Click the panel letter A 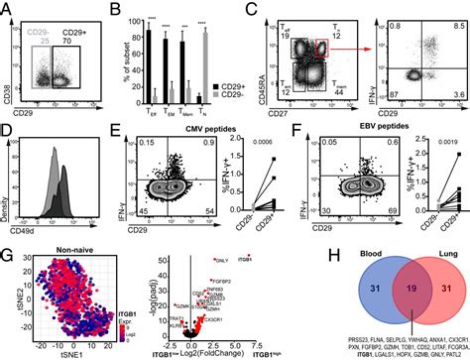tap(7, 9)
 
